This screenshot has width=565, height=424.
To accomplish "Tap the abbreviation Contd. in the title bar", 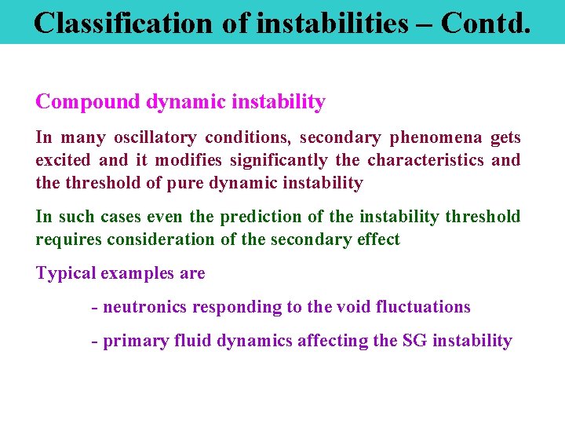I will click(486, 23).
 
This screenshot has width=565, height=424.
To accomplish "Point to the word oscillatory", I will click(155, 138).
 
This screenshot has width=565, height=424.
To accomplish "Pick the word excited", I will click(63, 161).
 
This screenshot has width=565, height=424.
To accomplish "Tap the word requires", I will click(65, 239).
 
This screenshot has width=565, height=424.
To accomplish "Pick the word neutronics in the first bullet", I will click(144, 307).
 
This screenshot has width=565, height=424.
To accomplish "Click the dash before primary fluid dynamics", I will click(94, 342).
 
